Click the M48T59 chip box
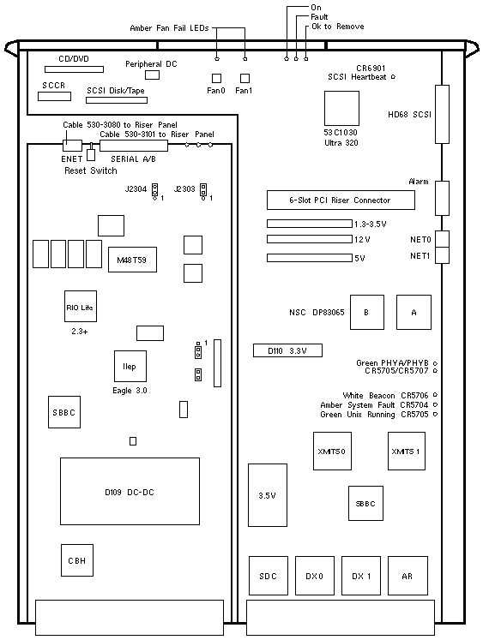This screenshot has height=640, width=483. click(132, 260)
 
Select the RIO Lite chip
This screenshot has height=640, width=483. click(81, 306)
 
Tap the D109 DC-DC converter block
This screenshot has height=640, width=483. click(130, 491)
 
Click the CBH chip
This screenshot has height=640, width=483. click(77, 560)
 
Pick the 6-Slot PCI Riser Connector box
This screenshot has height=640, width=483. click(341, 200)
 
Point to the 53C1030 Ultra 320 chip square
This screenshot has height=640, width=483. click(341, 108)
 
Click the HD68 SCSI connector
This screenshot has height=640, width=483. click(442, 114)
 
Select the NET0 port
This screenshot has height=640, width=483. click(442, 239)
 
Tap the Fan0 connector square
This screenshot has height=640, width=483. click(216, 78)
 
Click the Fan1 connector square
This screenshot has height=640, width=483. click(245, 78)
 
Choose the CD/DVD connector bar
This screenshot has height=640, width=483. click(74, 69)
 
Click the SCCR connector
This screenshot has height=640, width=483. click(54, 96)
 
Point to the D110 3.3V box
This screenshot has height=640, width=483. click(287, 350)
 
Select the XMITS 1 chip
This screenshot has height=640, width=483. click(407, 451)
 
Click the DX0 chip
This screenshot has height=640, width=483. click(315, 576)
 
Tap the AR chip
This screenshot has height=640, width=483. click(408, 576)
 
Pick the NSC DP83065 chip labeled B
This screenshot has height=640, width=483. click(367, 312)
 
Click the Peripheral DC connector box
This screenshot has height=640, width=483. click(153, 75)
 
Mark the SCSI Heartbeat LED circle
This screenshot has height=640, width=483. click(393, 77)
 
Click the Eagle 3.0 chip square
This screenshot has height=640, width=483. click(130, 366)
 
